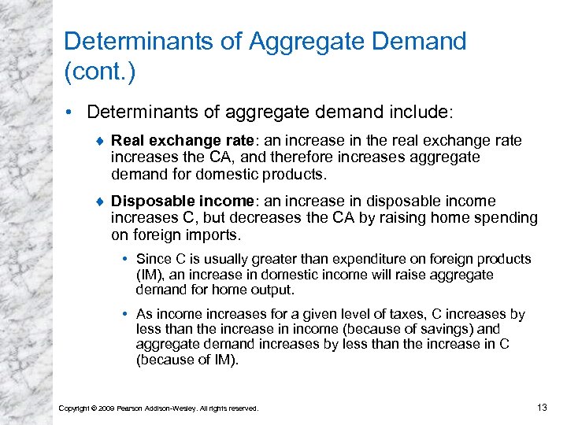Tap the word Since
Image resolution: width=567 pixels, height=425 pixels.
tap(151, 259)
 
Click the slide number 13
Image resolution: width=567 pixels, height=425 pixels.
tap(540, 407)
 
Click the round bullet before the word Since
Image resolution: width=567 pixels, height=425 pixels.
tap(126, 259)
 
